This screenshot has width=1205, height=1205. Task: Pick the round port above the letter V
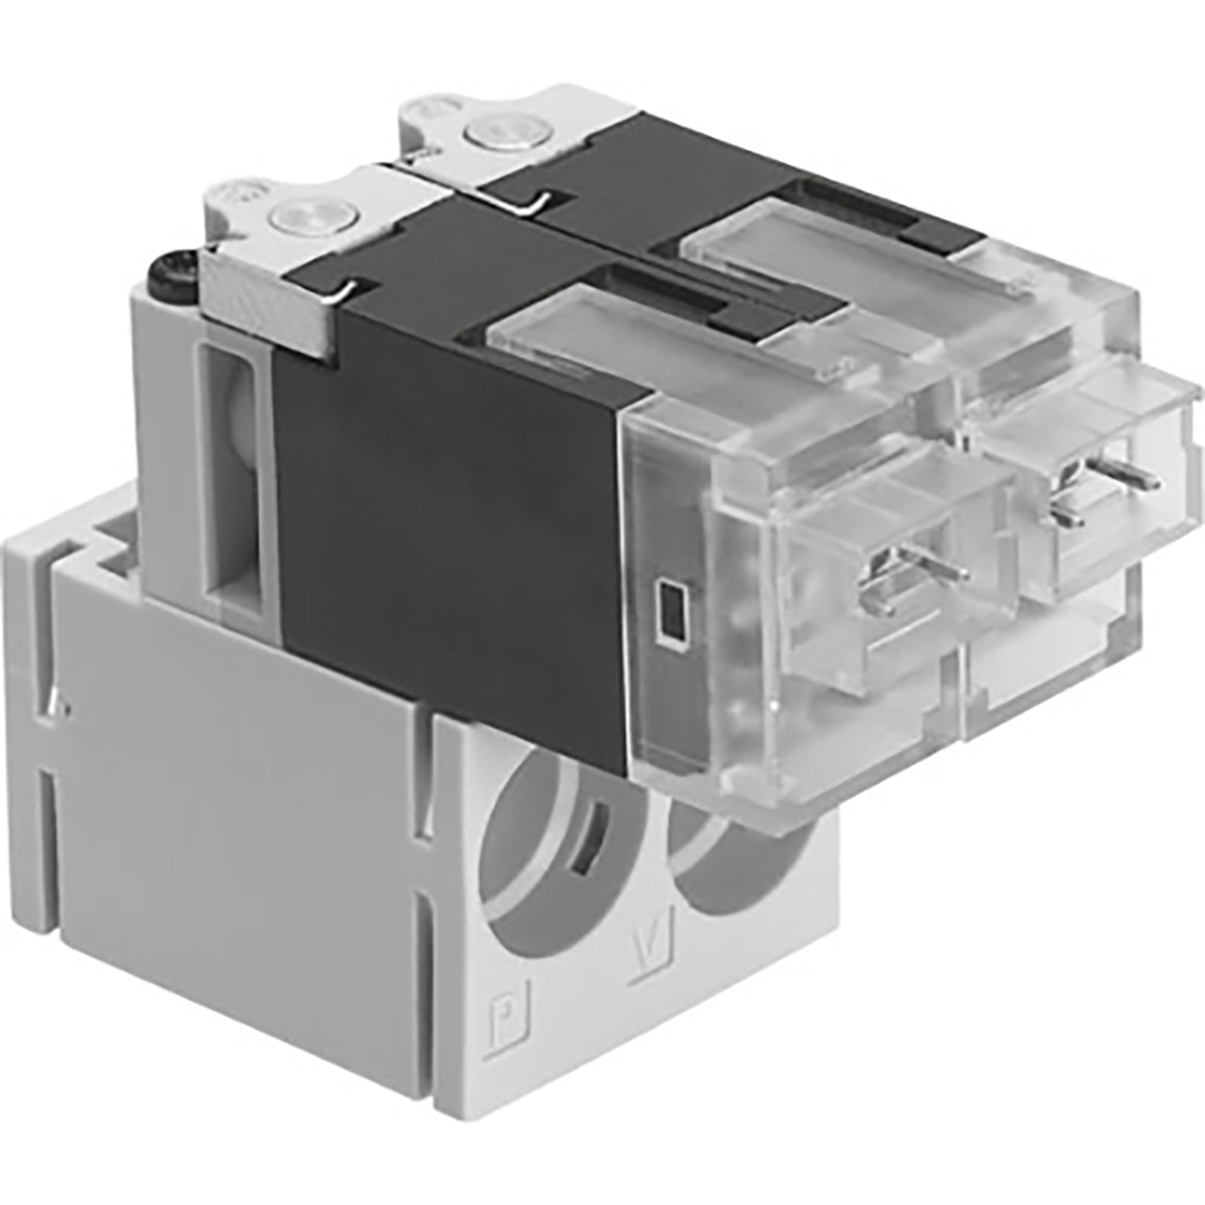pos(727,854)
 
